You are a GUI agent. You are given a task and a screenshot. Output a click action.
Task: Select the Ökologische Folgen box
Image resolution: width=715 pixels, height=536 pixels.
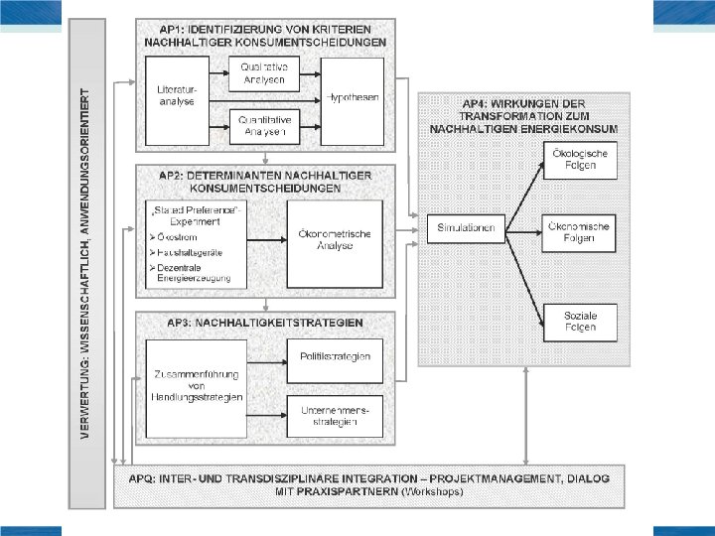coord(580,159)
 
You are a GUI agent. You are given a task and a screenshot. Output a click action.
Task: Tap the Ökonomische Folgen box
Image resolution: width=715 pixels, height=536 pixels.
coord(580,233)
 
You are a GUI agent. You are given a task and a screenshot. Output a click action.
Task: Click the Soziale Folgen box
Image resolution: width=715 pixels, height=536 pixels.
coord(580,321)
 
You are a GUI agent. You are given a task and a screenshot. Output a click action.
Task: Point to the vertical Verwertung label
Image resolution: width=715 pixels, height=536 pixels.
coord(88,268)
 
